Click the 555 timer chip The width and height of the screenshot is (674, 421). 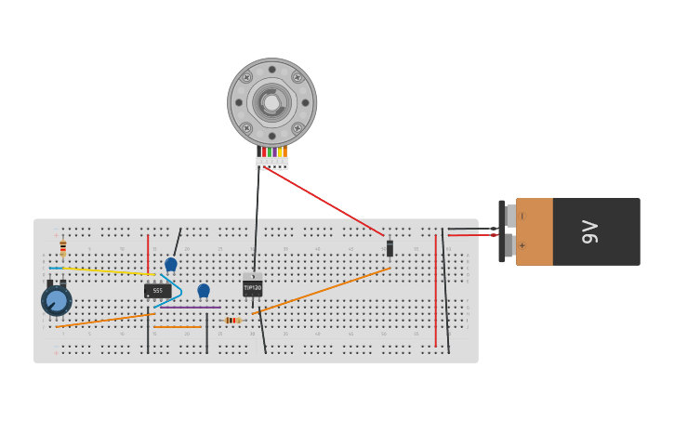[x=157, y=291]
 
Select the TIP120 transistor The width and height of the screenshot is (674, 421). [x=253, y=288]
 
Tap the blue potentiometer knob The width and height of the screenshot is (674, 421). [x=56, y=301]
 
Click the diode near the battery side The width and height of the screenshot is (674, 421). [x=390, y=248]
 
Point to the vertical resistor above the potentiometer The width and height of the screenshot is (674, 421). [x=63, y=247]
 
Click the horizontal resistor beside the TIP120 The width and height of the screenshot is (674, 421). [x=231, y=320]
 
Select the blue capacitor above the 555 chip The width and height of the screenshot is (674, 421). [x=171, y=264]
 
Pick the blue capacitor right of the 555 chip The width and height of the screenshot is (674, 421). [x=204, y=290]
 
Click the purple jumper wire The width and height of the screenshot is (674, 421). [x=191, y=308]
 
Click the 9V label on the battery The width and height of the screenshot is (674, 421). [x=589, y=231]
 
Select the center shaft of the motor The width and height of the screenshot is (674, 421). [x=271, y=102]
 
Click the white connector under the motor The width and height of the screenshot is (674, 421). [x=272, y=164]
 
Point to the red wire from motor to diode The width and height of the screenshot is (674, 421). [x=325, y=203]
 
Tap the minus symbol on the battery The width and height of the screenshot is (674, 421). [x=521, y=216]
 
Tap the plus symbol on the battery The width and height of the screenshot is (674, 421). [x=521, y=246]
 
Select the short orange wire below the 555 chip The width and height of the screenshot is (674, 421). [x=177, y=327]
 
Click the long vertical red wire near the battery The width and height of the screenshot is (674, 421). [x=435, y=290]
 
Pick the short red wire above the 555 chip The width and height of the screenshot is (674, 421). [x=148, y=253]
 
